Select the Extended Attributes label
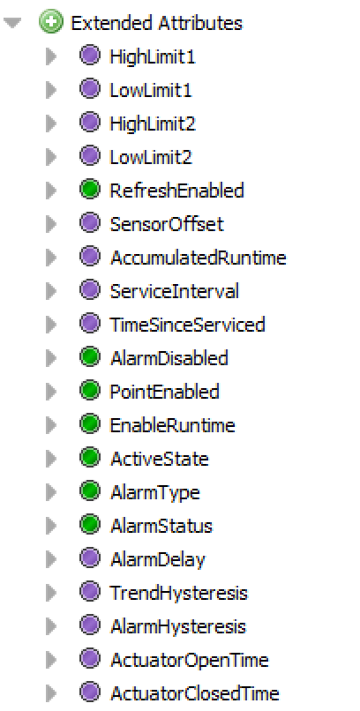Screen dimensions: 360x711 point(156,23)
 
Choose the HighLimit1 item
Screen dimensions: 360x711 point(153,56)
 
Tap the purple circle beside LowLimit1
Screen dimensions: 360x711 point(89,89)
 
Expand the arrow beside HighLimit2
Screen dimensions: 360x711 point(51,123)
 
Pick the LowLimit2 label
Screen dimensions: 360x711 point(151,157)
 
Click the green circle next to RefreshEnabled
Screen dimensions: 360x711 point(89,191)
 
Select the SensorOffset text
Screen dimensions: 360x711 point(167,224)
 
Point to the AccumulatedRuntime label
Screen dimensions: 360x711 point(199,258)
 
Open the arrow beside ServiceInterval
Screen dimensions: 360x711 point(51,291)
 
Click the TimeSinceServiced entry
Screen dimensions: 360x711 point(187,325)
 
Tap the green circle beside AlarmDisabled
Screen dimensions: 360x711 point(89,358)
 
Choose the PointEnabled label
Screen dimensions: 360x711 point(165,392)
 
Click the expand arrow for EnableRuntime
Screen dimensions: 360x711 point(51,425)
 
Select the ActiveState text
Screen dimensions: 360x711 point(160,459)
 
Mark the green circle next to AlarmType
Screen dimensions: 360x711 point(89,492)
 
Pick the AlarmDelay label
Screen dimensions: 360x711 point(157,560)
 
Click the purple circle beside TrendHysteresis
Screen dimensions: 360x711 point(89,593)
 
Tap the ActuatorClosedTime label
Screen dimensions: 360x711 point(194,693)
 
